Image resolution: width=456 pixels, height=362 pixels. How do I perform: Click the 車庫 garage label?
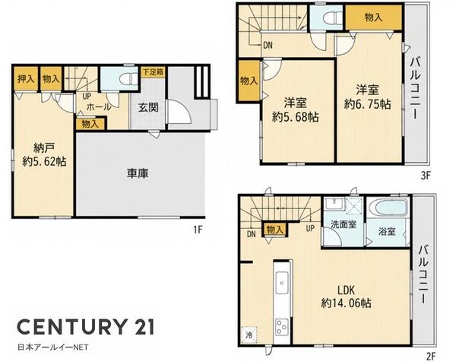pyautogui.click(x=138, y=173)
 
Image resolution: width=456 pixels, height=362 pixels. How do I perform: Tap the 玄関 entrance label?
pyautogui.click(x=148, y=108)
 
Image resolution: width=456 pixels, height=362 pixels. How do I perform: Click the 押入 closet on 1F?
pyautogui.click(x=26, y=79)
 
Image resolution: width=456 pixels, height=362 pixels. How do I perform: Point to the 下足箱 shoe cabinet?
pyautogui.click(x=153, y=72)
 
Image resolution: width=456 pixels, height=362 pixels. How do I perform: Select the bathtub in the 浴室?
pyautogui.click(x=387, y=208)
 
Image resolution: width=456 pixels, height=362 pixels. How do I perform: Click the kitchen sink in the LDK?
pyautogui.click(x=282, y=283)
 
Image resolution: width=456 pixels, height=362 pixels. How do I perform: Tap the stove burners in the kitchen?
pyautogui.click(x=282, y=327)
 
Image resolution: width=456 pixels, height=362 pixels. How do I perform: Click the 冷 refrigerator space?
pyautogui.click(x=249, y=335)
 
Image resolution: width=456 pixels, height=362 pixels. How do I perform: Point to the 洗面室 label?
pyautogui.click(x=344, y=224)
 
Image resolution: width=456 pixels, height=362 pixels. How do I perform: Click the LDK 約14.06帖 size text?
pyautogui.click(x=346, y=303)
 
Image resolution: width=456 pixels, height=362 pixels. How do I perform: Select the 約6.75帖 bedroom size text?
pyautogui.click(x=368, y=104)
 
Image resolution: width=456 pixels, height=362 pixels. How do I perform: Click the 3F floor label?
pyautogui.click(x=425, y=176)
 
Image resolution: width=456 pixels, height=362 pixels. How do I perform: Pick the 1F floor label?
pyautogui.click(x=198, y=230)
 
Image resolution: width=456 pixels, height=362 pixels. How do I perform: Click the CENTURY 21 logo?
pyautogui.click(x=86, y=327)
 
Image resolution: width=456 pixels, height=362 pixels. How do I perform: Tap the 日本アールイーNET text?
pyautogui.click(x=53, y=347)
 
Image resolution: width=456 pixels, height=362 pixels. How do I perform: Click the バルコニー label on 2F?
pyautogui.click(x=423, y=275)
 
